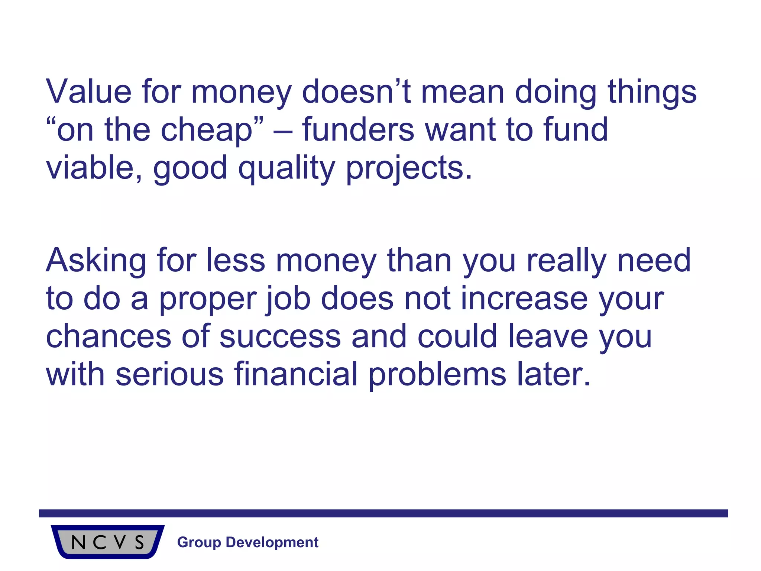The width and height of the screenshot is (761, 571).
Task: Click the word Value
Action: [89, 91]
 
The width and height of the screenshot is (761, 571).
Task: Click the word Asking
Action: [96, 261]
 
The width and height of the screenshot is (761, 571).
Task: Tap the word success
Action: [280, 336]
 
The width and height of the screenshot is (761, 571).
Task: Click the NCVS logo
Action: [107, 542]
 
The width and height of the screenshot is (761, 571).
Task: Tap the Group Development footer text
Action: [248, 542]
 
